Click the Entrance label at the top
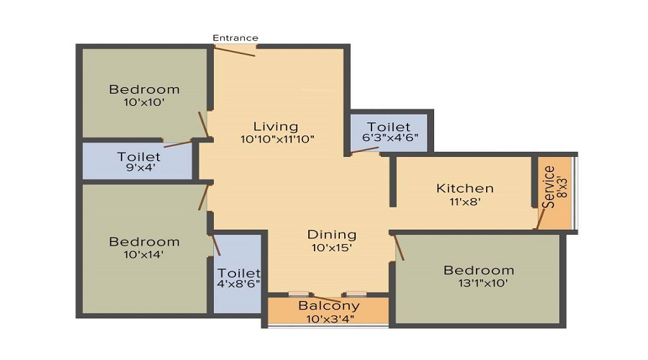[x=235, y=38]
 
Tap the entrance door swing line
[x=234, y=52]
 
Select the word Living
[x=276, y=127]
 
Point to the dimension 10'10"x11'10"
[x=277, y=139]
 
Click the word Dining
[x=332, y=235]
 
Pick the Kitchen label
[x=465, y=189]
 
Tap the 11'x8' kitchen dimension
[x=465, y=202]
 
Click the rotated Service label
[x=549, y=186]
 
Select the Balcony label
[x=329, y=306]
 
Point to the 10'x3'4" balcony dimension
[x=330, y=319]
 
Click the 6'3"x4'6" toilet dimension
[x=390, y=138]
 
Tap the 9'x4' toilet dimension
[x=138, y=168]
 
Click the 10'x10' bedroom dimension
[x=144, y=102]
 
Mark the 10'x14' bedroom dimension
[x=144, y=255]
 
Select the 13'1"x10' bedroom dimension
[x=483, y=284]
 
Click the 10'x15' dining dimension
[x=332, y=248]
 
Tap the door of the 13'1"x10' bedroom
[x=399, y=248]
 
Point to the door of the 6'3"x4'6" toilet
[x=364, y=150]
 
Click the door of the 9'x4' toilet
[x=178, y=144]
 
